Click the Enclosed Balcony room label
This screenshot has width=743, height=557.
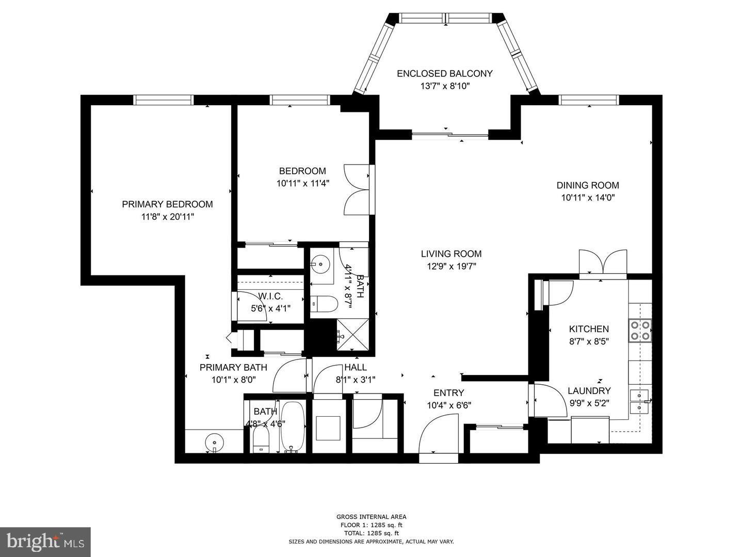[x=444, y=74]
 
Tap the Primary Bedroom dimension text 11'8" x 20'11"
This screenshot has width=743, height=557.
[x=168, y=217]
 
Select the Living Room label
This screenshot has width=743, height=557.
[x=451, y=254]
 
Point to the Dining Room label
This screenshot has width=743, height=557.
[x=587, y=186]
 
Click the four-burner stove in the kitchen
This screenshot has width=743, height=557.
[x=640, y=331]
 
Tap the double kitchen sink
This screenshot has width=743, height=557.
[x=639, y=402]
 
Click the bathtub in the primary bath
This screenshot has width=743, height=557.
[x=293, y=427]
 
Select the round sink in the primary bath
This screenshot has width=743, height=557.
[x=214, y=442]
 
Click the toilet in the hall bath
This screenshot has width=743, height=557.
[x=324, y=304]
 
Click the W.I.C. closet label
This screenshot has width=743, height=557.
[x=270, y=296]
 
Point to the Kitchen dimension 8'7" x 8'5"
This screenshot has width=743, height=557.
[x=589, y=341]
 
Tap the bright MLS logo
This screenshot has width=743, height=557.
[x=45, y=542]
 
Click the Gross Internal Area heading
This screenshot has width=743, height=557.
[x=371, y=517]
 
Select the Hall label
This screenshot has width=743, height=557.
[x=356, y=367]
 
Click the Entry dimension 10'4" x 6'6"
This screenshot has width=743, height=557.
[x=448, y=405]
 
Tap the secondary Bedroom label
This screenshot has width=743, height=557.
[x=302, y=171]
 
